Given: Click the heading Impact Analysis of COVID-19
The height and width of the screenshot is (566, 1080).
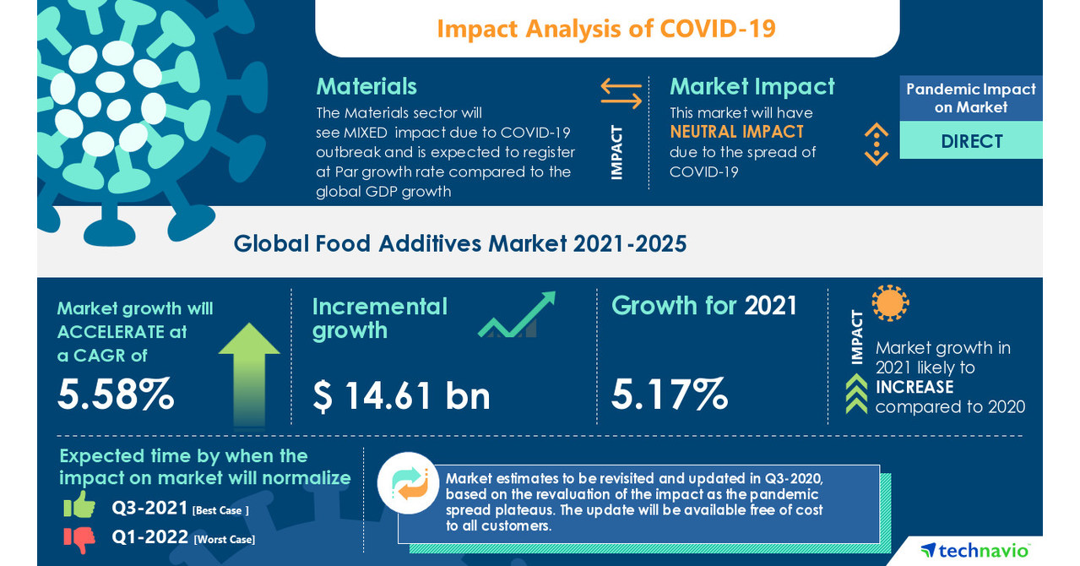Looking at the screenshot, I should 606,29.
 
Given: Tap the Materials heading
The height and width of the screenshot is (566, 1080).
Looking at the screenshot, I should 366,86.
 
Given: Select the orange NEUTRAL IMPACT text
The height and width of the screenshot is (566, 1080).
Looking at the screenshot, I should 736,132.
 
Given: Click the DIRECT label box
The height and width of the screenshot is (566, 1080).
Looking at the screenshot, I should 971,141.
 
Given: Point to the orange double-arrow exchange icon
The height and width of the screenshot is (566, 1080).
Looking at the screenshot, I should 621,93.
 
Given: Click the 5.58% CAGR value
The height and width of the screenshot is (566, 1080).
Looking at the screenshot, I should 116,394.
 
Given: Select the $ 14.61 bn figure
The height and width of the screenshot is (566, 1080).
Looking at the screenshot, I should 401,395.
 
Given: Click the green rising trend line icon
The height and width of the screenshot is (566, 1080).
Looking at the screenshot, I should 517,315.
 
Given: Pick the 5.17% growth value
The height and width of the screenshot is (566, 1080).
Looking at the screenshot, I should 670,394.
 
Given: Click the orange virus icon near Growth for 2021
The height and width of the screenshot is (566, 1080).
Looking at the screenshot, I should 890,302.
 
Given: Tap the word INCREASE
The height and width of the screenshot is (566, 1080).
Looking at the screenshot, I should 914,387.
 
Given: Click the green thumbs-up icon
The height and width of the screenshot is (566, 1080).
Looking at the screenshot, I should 79,505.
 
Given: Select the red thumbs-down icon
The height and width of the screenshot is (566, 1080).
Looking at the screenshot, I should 79,537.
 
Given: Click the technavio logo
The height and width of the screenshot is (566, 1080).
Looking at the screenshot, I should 974,550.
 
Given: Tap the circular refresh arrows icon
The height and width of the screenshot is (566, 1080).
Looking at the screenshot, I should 409,483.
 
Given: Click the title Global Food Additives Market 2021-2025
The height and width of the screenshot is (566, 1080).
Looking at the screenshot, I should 460,243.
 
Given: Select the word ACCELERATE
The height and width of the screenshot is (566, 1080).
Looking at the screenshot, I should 111,332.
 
